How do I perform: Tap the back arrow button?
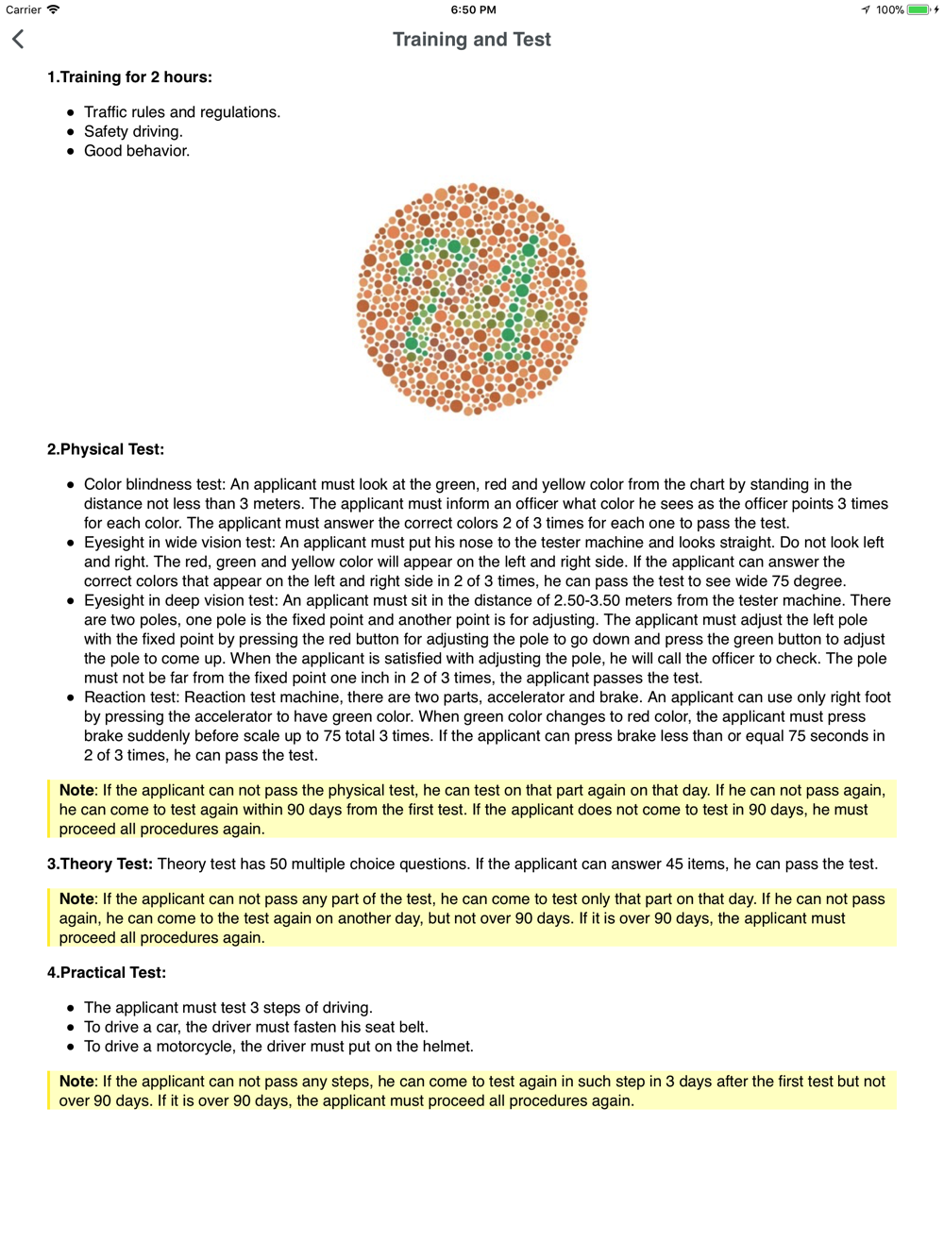pos(18,39)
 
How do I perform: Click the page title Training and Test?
pos(471,40)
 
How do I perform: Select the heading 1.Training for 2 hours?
pos(129,77)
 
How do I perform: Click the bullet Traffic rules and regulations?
pos(181,112)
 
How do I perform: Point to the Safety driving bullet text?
pos(133,132)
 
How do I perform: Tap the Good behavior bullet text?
pos(136,151)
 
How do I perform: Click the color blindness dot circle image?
pos(472,299)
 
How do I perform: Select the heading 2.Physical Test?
pos(106,449)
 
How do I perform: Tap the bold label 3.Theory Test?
pos(99,865)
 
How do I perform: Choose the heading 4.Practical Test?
pos(107,973)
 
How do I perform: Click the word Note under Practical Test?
pos(76,1082)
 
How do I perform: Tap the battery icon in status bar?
pos(919,10)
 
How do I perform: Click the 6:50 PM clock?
pos(473,10)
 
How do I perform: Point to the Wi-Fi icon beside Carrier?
pos(54,10)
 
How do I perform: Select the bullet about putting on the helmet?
pos(278,1047)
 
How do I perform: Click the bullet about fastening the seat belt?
pos(256,1027)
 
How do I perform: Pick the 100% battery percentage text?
pos(889,10)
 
